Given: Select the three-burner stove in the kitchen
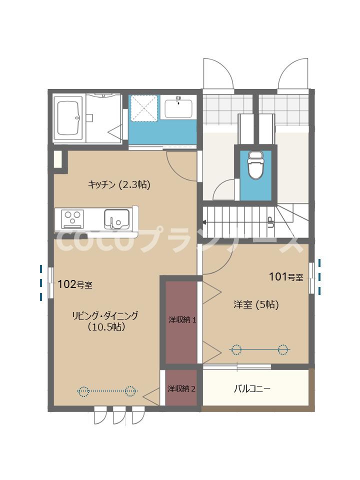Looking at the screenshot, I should [x=71, y=218].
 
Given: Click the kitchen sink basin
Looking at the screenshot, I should [x=116, y=218].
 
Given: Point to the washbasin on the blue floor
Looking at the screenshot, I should [x=178, y=108].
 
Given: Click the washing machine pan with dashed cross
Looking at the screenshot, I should [x=143, y=107].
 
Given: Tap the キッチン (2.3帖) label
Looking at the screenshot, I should [x=119, y=184].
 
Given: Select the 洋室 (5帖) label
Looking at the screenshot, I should [x=256, y=304].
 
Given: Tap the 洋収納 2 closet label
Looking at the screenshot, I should [x=181, y=388].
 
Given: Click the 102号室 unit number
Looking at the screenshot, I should [x=75, y=285].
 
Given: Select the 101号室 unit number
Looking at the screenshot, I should [x=286, y=276].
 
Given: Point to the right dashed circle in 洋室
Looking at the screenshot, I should [x=283, y=349].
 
